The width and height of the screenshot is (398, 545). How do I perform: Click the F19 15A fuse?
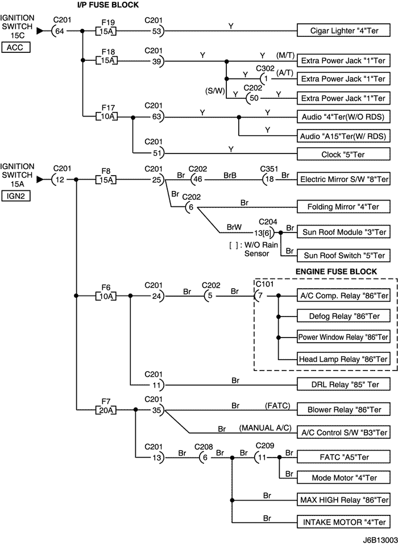click(x=106, y=30)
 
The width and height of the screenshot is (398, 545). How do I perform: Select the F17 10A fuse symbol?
click(x=106, y=117)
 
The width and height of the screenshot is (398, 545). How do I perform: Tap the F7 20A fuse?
click(x=106, y=409)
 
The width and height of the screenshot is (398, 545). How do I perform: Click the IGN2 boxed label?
click(x=16, y=197)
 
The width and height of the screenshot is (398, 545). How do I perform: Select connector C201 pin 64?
click(x=59, y=31)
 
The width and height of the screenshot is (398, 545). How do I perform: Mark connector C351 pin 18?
click(x=268, y=180)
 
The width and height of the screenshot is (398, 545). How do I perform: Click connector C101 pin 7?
click(x=259, y=296)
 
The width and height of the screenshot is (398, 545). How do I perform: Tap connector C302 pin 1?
click(x=266, y=78)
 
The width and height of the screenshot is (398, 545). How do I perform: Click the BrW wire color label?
click(x=234, y=226)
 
